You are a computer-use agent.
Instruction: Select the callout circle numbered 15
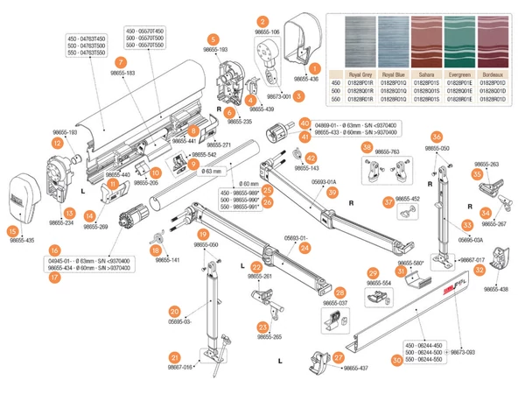[x=12, y=230]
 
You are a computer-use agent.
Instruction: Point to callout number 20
[x=175, y=311]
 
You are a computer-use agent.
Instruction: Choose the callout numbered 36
[x=437, y=137]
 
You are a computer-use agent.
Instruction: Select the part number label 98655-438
[x=495, y=289]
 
